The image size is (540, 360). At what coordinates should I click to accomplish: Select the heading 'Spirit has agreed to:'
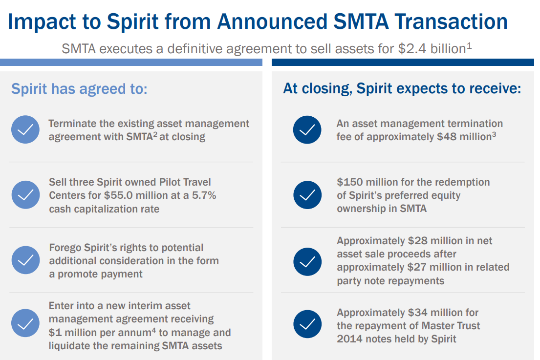(79, 89)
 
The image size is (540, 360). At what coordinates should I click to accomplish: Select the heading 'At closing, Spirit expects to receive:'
(402, 89)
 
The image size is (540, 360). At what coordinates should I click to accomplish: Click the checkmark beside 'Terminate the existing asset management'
(25, 130)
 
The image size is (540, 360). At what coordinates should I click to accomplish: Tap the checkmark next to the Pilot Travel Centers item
(25, 195)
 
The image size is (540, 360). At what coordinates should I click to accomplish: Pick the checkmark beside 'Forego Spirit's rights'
(25, 260)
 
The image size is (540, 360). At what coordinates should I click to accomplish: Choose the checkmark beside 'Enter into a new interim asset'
(25, 325)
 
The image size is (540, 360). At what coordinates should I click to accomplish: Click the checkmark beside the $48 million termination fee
(307, 130)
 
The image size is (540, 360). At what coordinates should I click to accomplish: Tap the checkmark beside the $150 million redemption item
(307, 195)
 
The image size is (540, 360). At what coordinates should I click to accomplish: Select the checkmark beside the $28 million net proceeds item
(307, 261)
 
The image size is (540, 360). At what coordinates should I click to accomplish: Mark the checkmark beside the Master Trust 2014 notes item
(307, 325)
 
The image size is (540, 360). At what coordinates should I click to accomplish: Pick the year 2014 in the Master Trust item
(350, 339)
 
